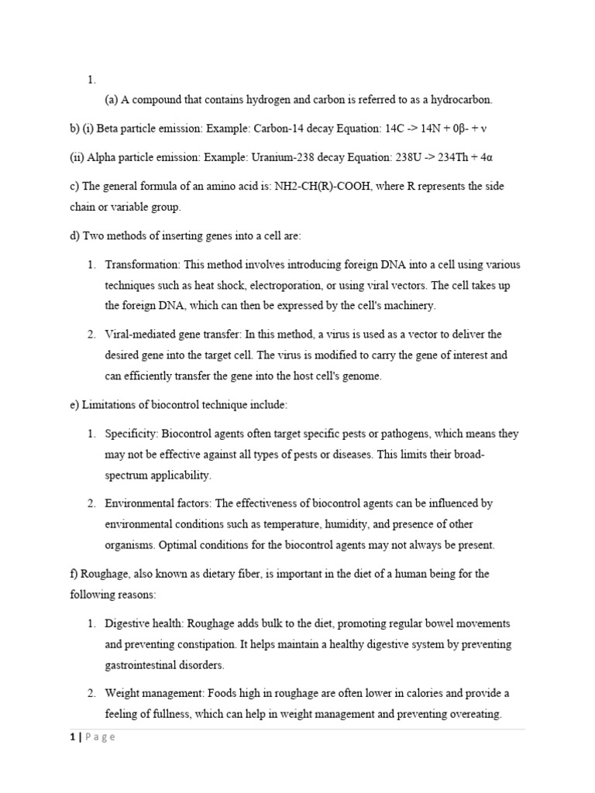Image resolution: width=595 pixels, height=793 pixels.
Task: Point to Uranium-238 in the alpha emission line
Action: click(x=281, y=156)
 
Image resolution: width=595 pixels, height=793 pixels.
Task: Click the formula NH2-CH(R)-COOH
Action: click(x=329, y=186)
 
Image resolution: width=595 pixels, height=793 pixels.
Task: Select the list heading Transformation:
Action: click(x=143, y=265)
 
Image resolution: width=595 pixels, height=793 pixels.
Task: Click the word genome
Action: click(x=360, y=376)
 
